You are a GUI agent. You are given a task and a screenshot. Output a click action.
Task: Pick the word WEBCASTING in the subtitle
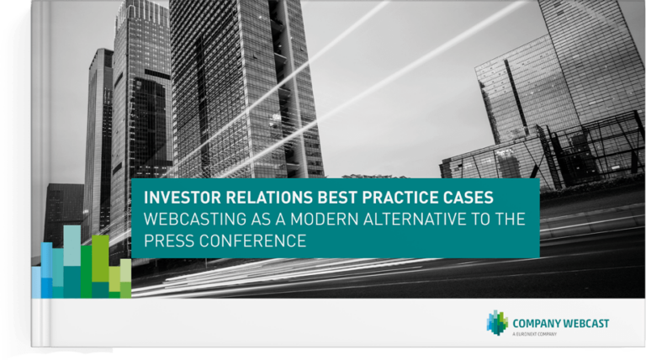(x=195, y=220)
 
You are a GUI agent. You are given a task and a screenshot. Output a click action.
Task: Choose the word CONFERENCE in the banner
(x=253, y=241)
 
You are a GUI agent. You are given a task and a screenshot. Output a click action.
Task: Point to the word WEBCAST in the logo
(x=584, y=323)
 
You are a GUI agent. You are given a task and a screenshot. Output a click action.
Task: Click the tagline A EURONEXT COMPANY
(x=534, y=334)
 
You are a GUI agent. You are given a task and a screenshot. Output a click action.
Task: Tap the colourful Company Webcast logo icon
(x=497, y=322)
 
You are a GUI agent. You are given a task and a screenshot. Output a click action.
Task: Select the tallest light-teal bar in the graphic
(x=72, y=246)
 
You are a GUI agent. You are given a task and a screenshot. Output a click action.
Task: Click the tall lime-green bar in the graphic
(x=100, y=259)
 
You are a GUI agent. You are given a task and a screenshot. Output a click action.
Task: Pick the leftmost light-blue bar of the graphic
(x=36, y=282)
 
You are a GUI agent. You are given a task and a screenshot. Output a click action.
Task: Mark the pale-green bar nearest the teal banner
(x=125, y=270)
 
